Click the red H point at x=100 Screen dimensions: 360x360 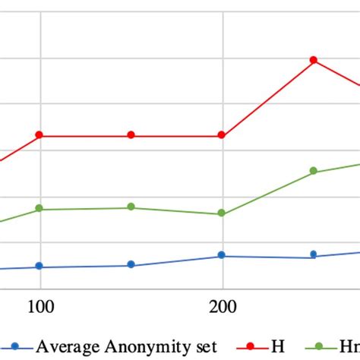[x=39, y=135]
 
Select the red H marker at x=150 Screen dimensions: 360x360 [x=131, y=135]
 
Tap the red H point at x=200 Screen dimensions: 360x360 [x=222, y=135]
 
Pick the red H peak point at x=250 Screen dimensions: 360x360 [x=313, y=60]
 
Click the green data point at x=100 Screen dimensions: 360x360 [x=39, y=209]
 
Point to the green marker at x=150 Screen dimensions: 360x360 [x=131, y=207]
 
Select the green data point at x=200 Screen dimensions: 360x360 [x=222, y=213]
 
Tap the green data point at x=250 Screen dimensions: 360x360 [x=313, y=172]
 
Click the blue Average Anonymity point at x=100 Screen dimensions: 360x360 [x=39, y=267]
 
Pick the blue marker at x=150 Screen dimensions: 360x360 [x=131, y=264]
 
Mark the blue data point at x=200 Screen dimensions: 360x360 [x=222, y=255]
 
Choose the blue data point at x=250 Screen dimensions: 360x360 [x=313, y=254]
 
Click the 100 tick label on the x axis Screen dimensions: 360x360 [x=39, y=308]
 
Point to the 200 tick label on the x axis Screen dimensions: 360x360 [x=222, y=308]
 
